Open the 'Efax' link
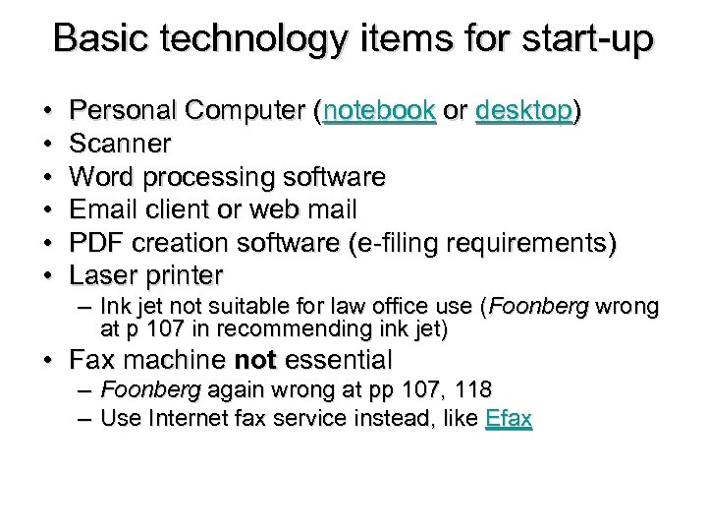click(x=509, y=418)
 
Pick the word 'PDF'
click(x=98, y=242)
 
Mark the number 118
click(x=473, y=390)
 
